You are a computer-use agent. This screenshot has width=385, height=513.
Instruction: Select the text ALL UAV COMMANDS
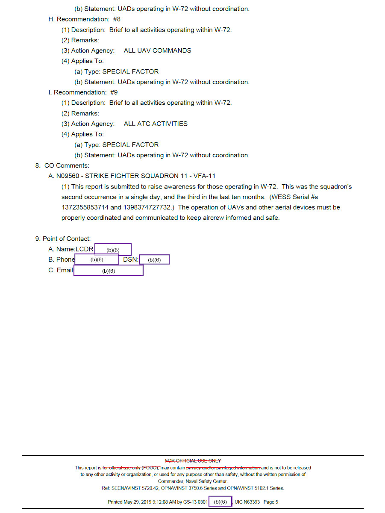[x=157, y=50]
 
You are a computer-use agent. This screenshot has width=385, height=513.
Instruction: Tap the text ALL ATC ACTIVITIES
[x=156, y=124]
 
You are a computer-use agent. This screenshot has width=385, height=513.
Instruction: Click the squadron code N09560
[x=68, y=176]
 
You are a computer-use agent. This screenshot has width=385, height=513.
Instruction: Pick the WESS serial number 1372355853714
[x=85, y=207]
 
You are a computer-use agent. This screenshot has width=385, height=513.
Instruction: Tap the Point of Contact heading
[x=63, y=239]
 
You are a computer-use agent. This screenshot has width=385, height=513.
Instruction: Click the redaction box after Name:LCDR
[x=113, y=250]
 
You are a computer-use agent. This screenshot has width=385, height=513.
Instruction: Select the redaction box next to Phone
[x=97, y=259]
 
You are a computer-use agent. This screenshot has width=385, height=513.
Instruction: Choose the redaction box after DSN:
[x=154, y=259]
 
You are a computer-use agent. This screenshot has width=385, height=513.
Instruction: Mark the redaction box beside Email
[x=109, y=271]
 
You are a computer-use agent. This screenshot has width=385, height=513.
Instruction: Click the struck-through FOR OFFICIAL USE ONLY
[x=193, y=460]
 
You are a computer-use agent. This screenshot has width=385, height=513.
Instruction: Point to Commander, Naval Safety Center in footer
[x=193, y=481]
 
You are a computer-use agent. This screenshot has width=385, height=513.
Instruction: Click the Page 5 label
[x=271, y=502]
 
